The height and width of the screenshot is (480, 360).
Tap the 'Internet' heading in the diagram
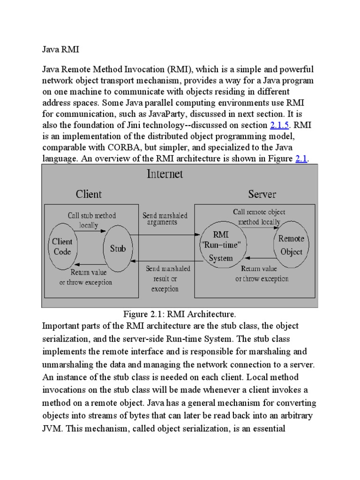tap(165, 174)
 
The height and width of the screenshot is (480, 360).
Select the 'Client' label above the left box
tap(89, 194)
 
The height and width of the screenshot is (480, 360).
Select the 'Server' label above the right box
tap(262, 194)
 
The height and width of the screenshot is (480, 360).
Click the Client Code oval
tap(62, 247)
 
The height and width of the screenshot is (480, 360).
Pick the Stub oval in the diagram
tap(118, 249)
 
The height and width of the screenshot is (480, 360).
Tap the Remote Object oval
tap(291, 245)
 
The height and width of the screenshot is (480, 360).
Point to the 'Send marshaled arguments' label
tap(165, 219)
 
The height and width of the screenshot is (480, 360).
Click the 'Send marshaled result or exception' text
tap(165, 279)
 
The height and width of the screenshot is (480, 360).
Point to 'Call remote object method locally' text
tap(259, 217)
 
